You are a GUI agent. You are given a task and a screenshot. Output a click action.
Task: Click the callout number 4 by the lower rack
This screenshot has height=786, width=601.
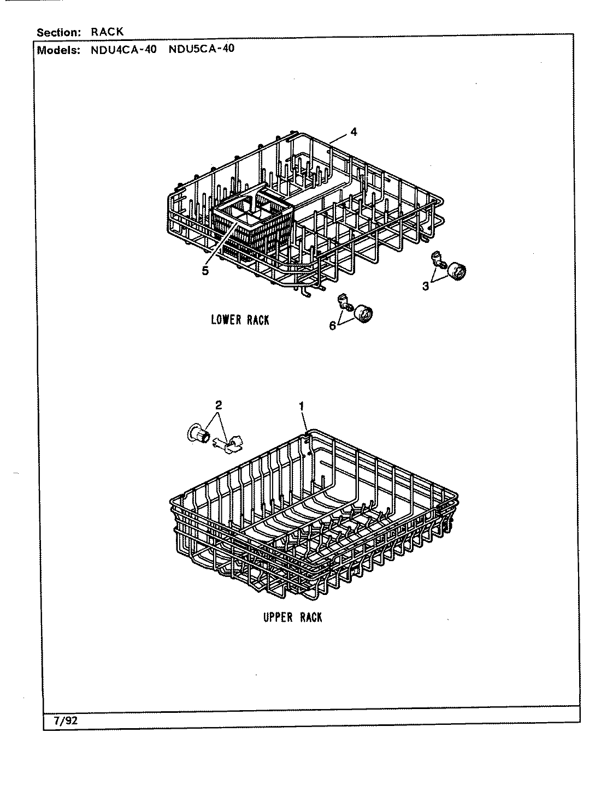coord(354,132)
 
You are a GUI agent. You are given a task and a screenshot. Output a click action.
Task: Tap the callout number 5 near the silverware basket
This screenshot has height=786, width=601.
coord(205,271)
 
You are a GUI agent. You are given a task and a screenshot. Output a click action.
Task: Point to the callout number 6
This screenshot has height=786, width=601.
coord(332,326)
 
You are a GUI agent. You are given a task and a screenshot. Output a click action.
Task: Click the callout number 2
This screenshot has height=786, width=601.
coord(219,405)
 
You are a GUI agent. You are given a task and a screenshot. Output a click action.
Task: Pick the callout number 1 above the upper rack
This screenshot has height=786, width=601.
coord(301,405)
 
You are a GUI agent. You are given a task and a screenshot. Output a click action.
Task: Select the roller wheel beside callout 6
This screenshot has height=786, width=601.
coord(363,314)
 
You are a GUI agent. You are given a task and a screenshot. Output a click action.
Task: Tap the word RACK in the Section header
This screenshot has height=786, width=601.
coord(107,32)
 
